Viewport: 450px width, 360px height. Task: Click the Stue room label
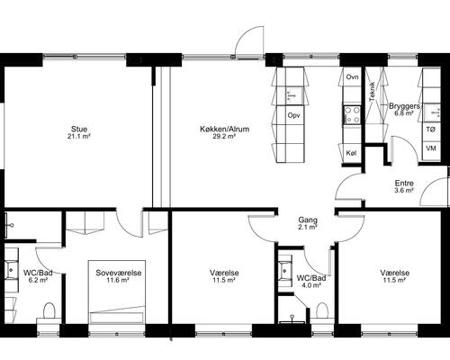[x=79, y=130]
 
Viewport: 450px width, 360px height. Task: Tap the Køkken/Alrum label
[x=225, y=130]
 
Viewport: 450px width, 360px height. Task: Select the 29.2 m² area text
[x=224, y=137]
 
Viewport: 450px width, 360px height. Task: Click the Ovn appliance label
[x=352, y=77]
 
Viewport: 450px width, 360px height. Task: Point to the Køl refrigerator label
[x=351, y=153]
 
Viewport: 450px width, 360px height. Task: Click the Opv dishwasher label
[x=293, y=115]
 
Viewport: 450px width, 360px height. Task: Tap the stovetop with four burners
[x=352, y=115]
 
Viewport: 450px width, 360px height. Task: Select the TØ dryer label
[x=431, y=130]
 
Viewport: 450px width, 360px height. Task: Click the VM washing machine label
[x=431, y=148]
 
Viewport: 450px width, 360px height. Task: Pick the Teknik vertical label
[x=373, y=91]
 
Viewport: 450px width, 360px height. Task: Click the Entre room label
[x=404, y=184]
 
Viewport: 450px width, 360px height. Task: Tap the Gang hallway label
[x=308, y=220]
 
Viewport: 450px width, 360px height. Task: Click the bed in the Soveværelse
[x=117, y=292]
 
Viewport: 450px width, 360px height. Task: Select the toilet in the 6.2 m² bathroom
[x=49, y=310]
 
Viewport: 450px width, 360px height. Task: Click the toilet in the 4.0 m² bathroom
[x=322, y=310]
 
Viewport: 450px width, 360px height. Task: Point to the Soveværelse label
[x=119, y=273]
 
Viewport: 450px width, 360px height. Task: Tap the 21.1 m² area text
[x=79, y=137]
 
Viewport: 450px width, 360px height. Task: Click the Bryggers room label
[x=404, y=106]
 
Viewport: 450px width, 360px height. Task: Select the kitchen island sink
[x=291, y=95]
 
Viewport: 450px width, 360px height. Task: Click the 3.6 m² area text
[x=404, y=191]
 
